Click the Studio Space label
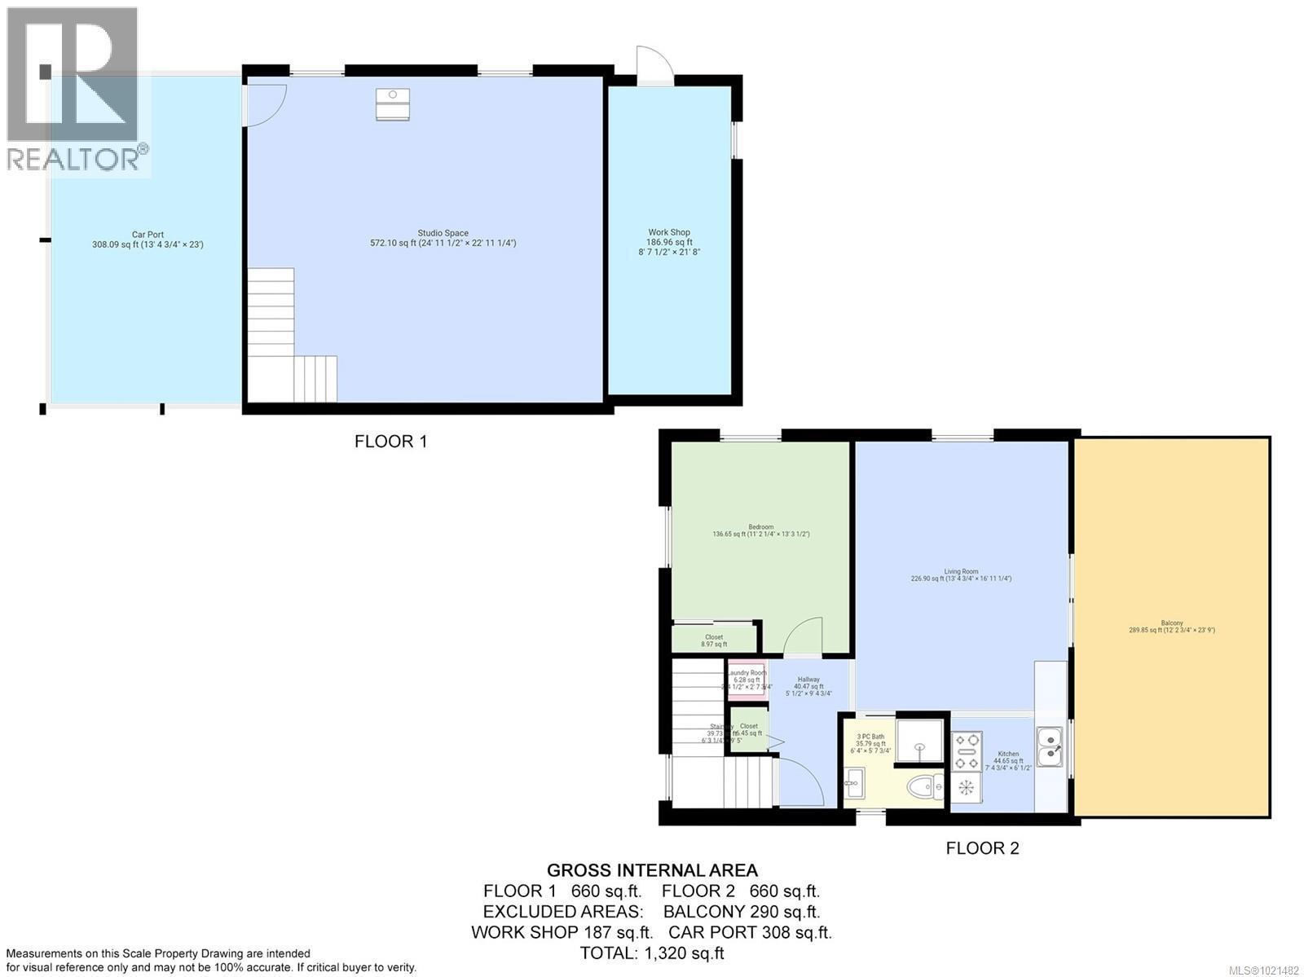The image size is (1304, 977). (443, 238)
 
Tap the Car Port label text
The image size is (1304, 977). (148, 239)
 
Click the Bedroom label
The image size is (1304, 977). (760, 530)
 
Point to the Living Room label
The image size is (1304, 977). (961, 574)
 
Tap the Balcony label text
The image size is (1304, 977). (1171, 626)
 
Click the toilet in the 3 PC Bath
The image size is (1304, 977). (923, 787)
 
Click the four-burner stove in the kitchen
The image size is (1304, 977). (967, 751)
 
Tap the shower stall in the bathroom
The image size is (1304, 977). (919, 741)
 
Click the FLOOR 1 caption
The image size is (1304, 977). (390, 442)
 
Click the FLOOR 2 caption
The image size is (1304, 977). (982, 848)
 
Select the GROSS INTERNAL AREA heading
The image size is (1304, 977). (652, 870)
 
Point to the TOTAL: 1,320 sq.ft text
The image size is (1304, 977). (652, 953)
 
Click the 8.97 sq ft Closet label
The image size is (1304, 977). (714, 640)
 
